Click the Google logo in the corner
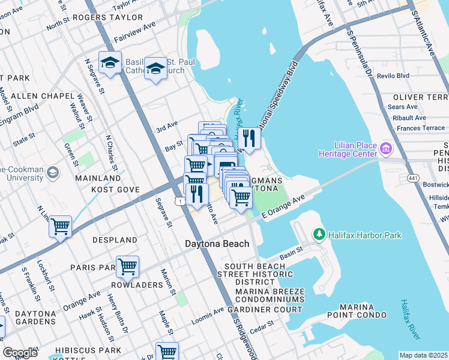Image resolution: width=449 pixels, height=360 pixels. (x=19, y=353)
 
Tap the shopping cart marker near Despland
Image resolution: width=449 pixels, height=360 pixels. (x=61, y=227)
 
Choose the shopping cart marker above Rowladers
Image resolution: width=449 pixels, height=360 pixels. (x=127, y=266)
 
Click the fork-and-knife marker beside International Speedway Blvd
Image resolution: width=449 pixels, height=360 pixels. (x=249, y=139)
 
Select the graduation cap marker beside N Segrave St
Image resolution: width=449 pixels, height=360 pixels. (x=110, y=63)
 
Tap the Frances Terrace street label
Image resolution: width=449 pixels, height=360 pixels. (x=421, y=128)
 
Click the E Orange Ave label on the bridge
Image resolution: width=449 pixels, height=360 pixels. (x=284, y=208)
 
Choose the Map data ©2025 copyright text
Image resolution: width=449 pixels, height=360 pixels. (x=423, y=355)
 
